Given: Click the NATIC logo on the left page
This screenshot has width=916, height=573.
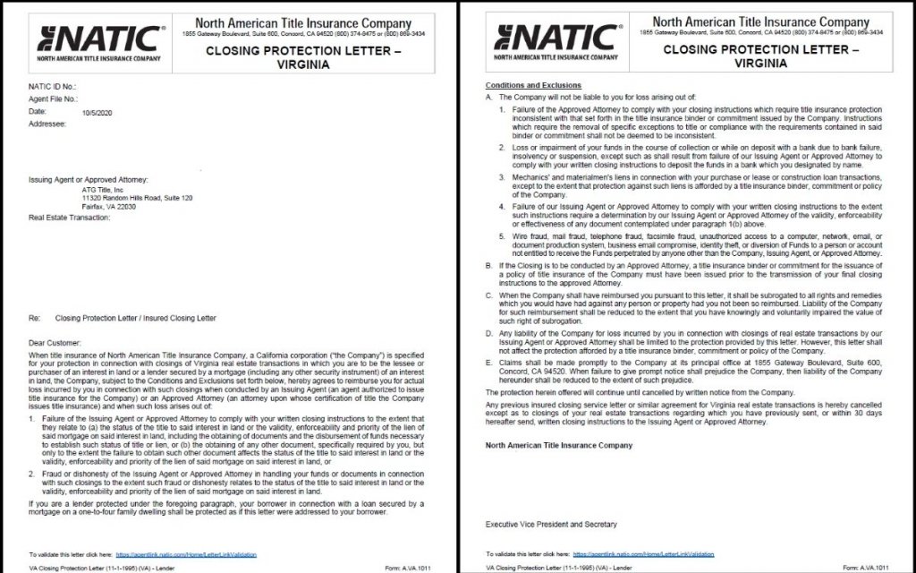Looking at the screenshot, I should [x=99, y=42].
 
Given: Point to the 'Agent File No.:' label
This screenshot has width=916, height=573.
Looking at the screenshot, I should [x=53, y=98].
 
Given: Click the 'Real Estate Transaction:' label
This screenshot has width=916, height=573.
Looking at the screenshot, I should [x=69, y=218].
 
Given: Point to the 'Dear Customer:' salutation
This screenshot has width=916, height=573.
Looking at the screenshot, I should [x=55, y=342].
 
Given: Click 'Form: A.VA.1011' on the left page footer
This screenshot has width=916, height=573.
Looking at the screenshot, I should [x=409, y=568].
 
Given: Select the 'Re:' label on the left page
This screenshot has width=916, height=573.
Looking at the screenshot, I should [x=36, y=317].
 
